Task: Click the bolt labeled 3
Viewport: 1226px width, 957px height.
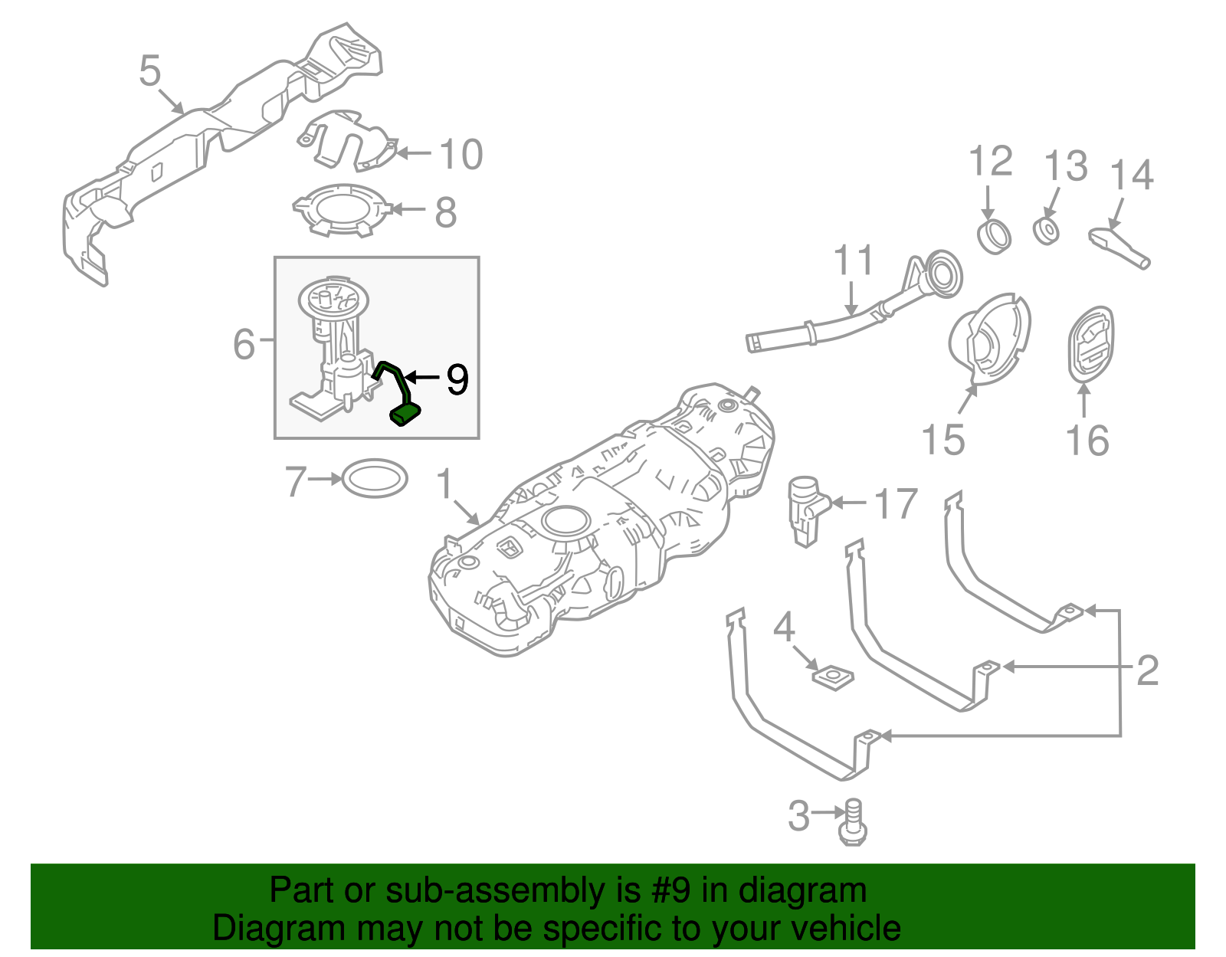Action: pyautogui.click(x=854, y=824)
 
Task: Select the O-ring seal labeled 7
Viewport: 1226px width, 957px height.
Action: pyautogui.click(x=374, y=479)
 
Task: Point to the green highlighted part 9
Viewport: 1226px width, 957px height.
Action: pyautogui.click(x=405, y=414)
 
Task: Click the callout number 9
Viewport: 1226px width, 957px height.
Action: pyautogui.click(x=457, y=379)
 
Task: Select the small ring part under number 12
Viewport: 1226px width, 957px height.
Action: pyautogui.click(x=995, y=236)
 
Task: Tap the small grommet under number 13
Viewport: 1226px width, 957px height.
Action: pyautogui.click(x=1046, y=231)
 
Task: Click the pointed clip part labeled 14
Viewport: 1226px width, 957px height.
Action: pyautogui.click(x=1119, y=245)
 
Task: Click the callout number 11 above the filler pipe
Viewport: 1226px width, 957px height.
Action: pyautogui.click(x=853, y=261)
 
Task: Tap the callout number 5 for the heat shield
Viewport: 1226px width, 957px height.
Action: pyautogui.click(x=150, y=70)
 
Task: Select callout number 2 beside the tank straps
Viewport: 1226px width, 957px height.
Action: pyautogui.click(x=1146, y=670)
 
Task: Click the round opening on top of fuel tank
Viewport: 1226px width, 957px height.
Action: pyautogui.click(x=567, y=522)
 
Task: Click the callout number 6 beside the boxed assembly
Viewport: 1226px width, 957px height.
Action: pyautogui.click(x=244, y=344)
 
